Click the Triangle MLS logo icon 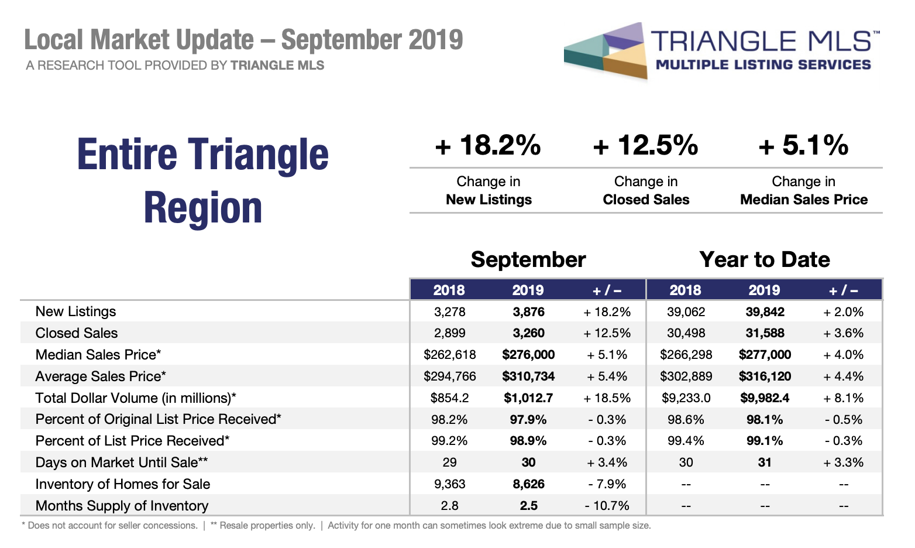pyautogui.click(x=606, y=50)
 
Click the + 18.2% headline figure pyautogui.click(x=488, y=145)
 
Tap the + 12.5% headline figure pyautogui.click(x=645, y=145)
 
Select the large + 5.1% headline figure pyautogui.click(x=803, y=145)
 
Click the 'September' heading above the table pyautogui.click(x=528, y=259)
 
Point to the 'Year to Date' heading pyautogui.click(x=764, y=259)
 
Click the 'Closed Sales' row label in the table pyautogui.click(x=77, y=333)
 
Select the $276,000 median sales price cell pyautogui.click(x=528, y=355)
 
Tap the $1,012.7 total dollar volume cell pyautogui.click(x=528, y=398)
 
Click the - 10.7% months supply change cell pyautogui.click(x=607, y=506)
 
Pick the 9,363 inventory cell pyautogui.click(x=449, y=484)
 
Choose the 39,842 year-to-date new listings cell pyautogui.click(x=765, y=312)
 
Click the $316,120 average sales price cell pyautogui.click(x=765, y=376)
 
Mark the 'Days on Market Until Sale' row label pyautogui.click(x=121, y=463)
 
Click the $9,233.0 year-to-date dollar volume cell pyautogui.click(x=686, y=398)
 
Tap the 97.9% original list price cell pyautogui.click(x=528, y=420)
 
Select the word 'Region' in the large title pyautogui.click(x=203, y=208)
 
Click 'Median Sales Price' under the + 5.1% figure pyautogui.click(x=803, y=200)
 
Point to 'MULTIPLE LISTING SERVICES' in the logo pyautogui.click(x=763, y=64)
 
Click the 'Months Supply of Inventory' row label pyautogui.click(x=122, y=506)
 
